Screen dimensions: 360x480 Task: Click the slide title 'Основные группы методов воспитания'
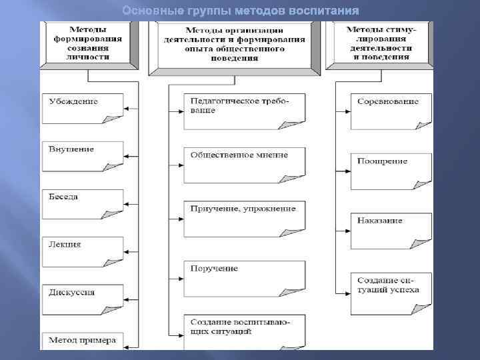tap(240, 11)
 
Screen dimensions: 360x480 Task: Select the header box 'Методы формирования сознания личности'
tap(89, 44)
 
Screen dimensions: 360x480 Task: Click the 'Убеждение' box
tap(83, 107)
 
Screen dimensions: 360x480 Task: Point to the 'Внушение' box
tap(83, 155)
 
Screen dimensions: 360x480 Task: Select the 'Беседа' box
tap(83, 203)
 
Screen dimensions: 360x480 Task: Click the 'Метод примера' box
tap(83, 341)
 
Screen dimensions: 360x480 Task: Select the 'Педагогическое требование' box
tap(244, 111)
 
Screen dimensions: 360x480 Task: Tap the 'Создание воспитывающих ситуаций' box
tap(244, 326)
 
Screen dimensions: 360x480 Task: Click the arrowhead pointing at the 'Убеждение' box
tap(129, 107)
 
